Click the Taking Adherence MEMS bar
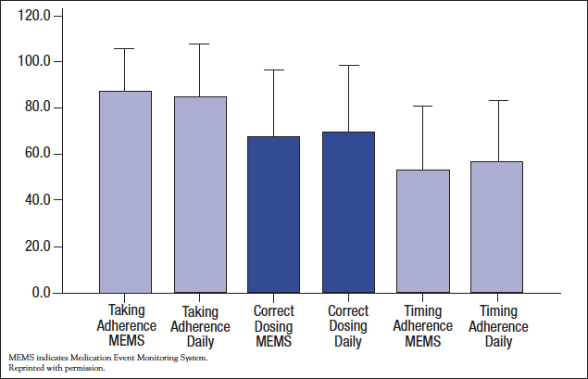pos(125,192)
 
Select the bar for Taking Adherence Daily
pos(200,195)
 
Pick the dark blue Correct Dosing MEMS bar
pos(273,214)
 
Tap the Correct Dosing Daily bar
pos(348,212)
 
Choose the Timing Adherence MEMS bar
pos(422,231)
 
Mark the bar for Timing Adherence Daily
pos(497,227)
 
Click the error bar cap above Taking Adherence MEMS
pos(125,48)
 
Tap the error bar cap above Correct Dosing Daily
pos(348,65)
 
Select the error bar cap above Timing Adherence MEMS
pos(422,106)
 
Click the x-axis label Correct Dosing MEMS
pos(274,326)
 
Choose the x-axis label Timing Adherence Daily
pos(498,326)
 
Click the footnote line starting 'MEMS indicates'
pos(108,357)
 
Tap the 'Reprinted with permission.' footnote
pos(56,368)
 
